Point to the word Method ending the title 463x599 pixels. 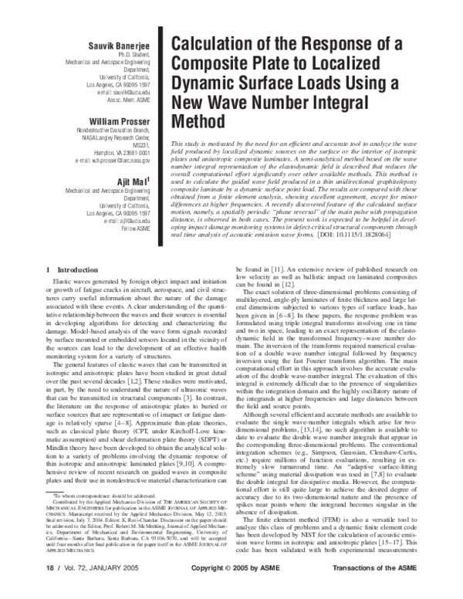coord(195,122)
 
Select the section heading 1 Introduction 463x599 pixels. coord(70,269)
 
